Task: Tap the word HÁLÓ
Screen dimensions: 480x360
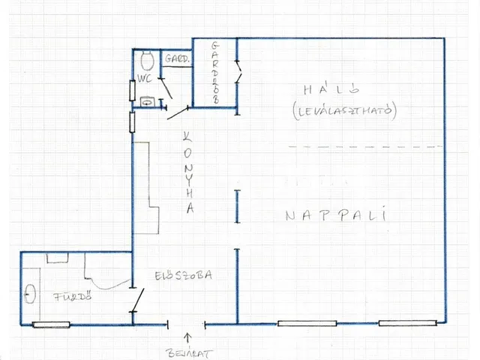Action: click(x=331, y=88)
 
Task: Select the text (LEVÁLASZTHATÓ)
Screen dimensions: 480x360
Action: click(x=344, y=111)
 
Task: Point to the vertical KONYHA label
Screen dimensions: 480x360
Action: click(x=188, y=172)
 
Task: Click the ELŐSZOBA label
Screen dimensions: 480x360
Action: click(x=183, y=275)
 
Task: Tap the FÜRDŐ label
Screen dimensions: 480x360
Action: click(x=73, y=297)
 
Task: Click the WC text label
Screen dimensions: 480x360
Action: click(x=145, y=78)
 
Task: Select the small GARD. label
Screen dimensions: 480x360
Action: click(x=177, y=58)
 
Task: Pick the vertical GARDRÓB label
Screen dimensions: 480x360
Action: click(x=215, y=72)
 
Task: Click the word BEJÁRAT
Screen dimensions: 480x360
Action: click(x=189, y=353)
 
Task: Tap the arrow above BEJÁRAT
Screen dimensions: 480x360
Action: click(x=187, y=338)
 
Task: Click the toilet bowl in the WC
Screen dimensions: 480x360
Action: click(x=147, y=60)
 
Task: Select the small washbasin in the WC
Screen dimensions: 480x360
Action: click(x=147, y=102)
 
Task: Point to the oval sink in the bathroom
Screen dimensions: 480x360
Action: click(x=30, y=293)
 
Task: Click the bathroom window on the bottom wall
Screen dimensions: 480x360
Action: click(x=51, y=325)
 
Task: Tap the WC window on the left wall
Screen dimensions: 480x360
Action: click(x=132, y=90)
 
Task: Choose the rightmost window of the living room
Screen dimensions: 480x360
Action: click(x=407, y=323)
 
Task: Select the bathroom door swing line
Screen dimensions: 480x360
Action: click(x=137, y=301)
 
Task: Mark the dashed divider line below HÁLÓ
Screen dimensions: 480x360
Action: click(x=366, y=147)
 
